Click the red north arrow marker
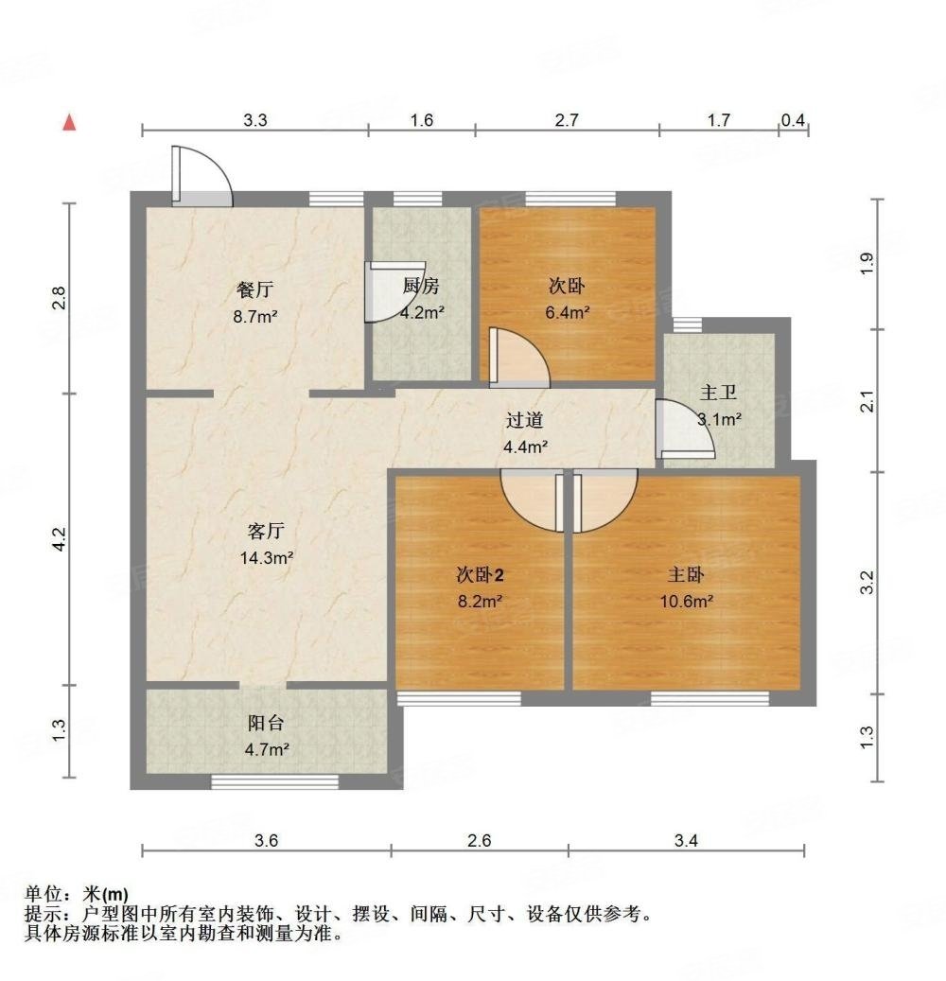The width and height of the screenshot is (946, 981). point(68,122)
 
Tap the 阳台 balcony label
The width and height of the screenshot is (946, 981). point(267,724)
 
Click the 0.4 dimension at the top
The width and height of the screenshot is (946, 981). point(794,120)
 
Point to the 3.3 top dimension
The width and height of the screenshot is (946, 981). point(255,120)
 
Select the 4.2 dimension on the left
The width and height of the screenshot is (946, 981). point(59,538)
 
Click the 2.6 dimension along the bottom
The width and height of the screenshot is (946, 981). point(480,840)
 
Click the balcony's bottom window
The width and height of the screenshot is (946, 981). point(274,781)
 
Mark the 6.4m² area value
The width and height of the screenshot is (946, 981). point(569,311)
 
